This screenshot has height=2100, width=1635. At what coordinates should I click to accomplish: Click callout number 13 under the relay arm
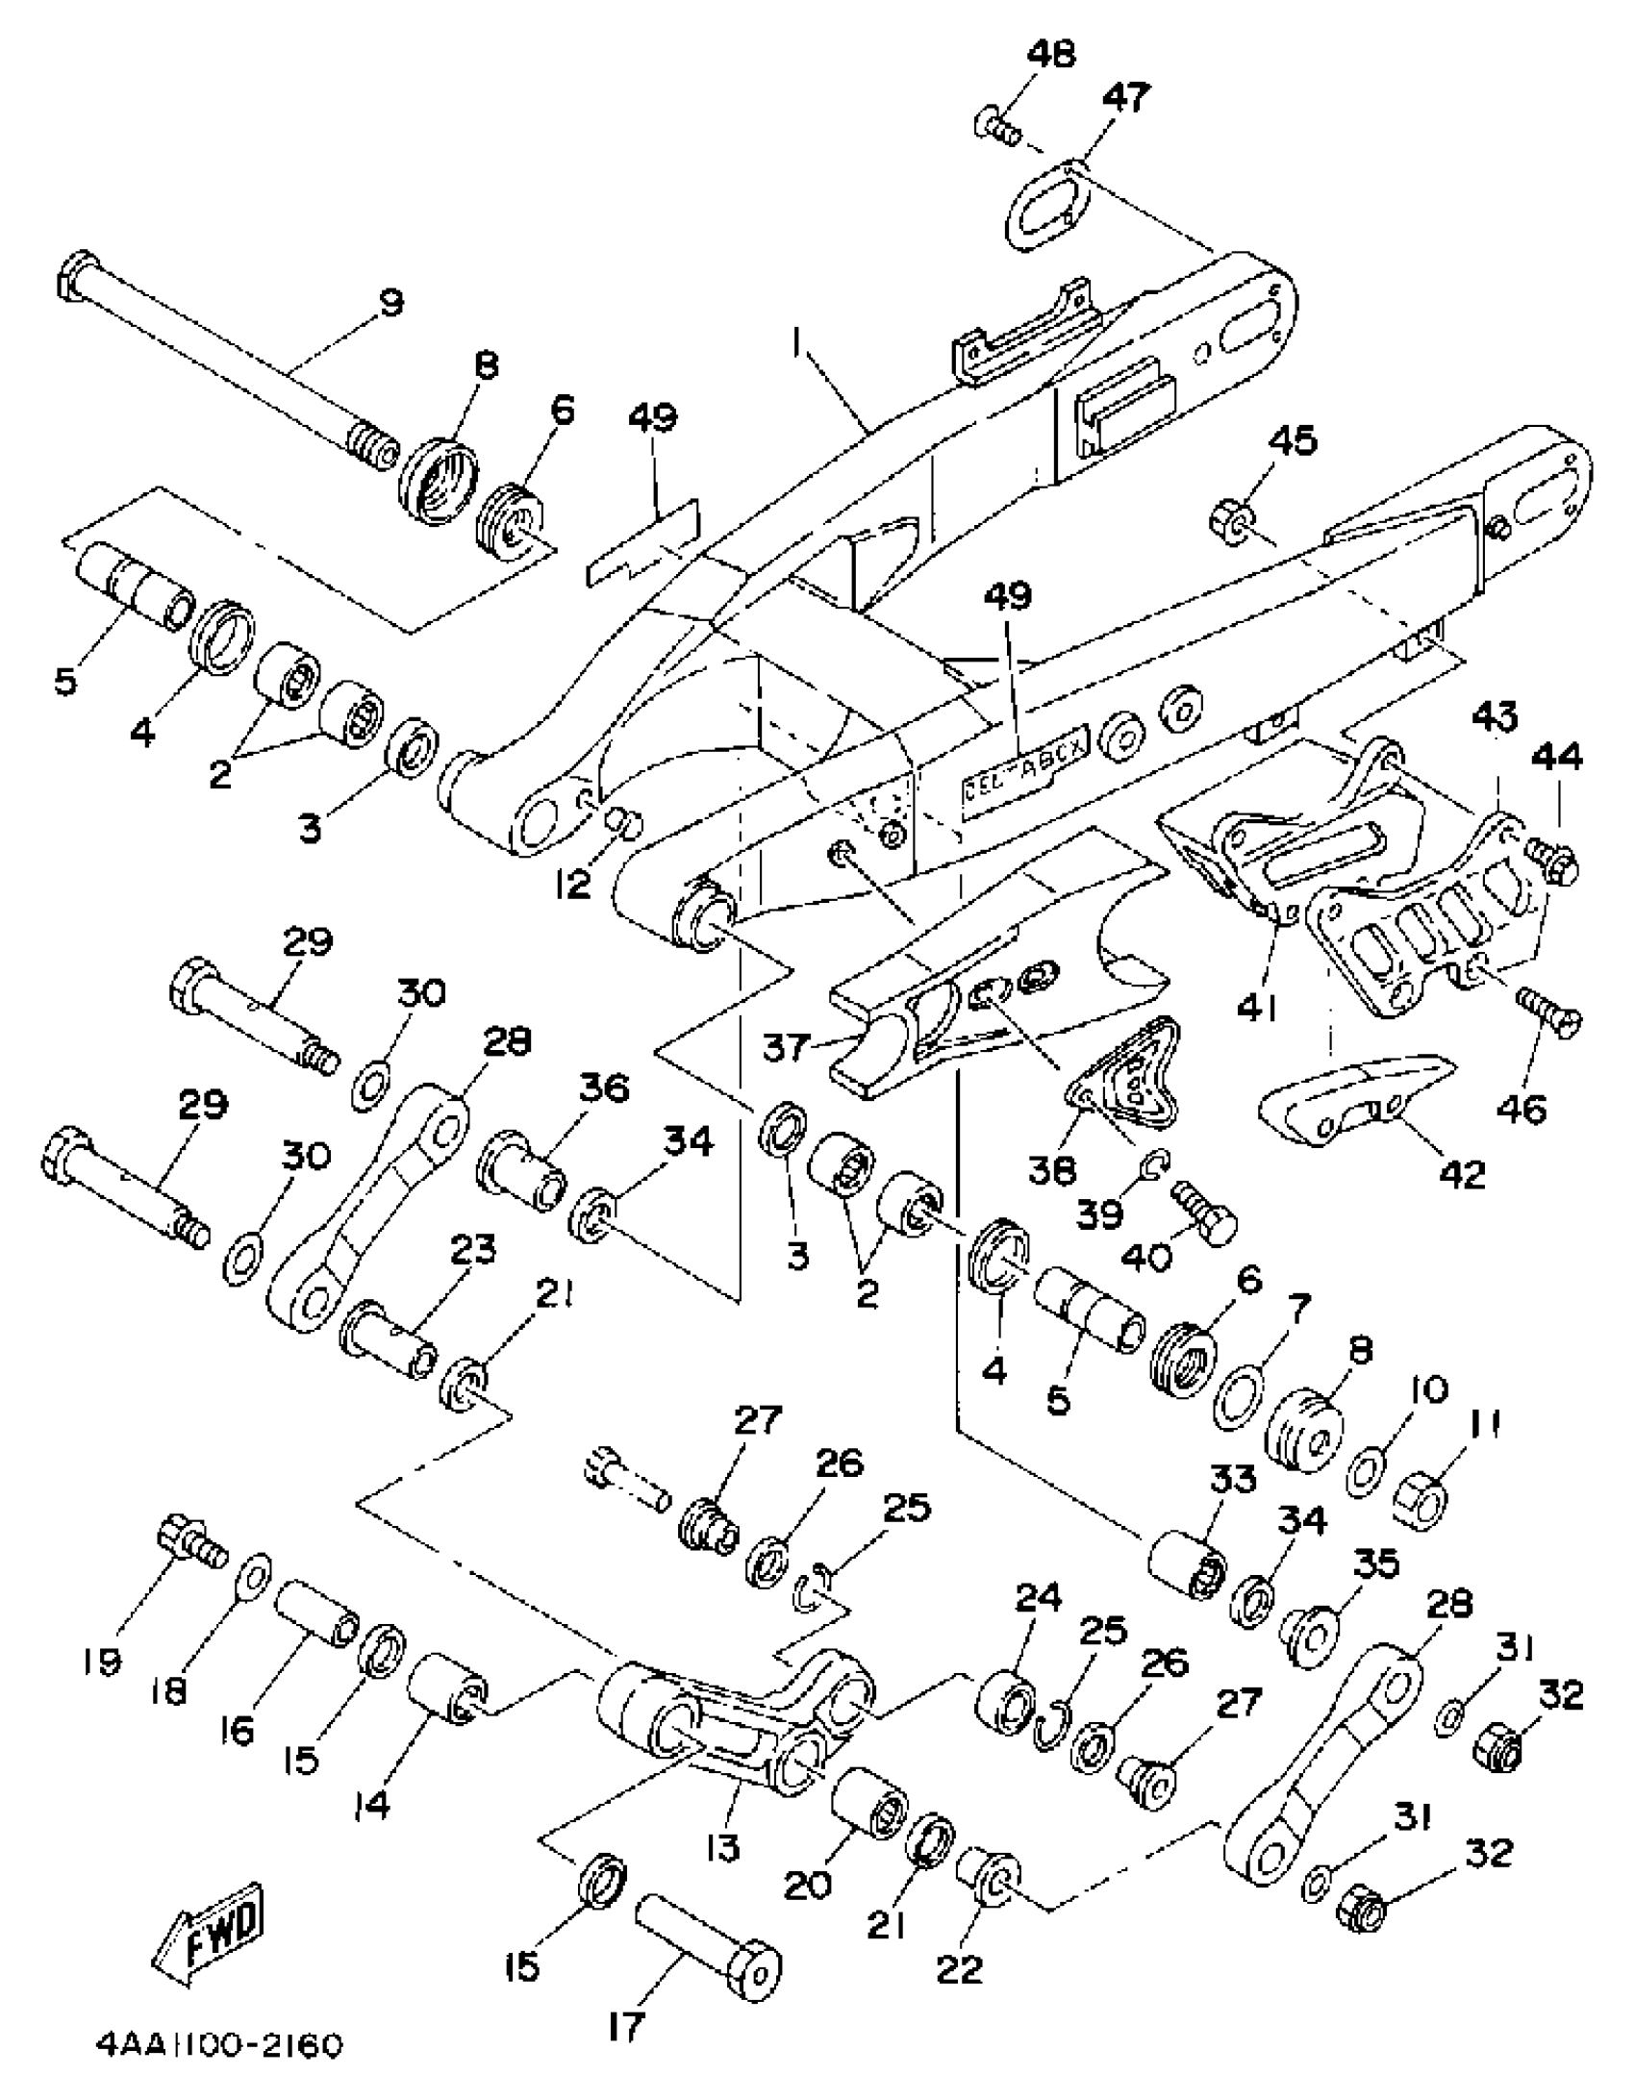tap(721, 1846)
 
